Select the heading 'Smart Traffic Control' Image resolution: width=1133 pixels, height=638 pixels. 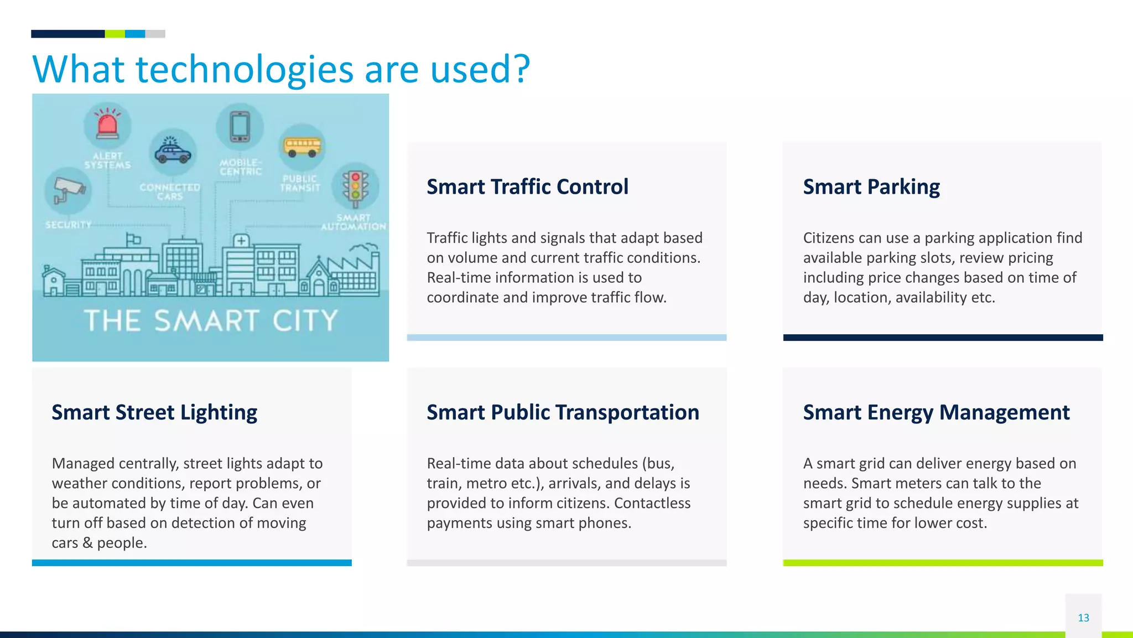(x=527, y=187)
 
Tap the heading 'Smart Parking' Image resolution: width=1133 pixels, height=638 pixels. (x=871, y=187)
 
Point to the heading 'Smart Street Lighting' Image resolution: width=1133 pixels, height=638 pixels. (x=154, y=413)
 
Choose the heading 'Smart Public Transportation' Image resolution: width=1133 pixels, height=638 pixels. (x=563, y=413)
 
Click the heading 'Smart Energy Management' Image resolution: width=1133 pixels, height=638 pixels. (x=936, y=413)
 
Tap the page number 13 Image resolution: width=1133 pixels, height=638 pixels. (x=1083, y=618)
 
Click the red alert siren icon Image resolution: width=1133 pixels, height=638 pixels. (x=107, y=125)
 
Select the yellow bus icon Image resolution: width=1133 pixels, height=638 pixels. (x=302, y=147)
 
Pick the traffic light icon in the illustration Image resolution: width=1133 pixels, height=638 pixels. (x=355, y=186)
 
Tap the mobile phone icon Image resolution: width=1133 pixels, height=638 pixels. (x=240, y=127)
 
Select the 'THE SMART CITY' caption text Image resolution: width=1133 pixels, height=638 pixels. (x=211, y=321)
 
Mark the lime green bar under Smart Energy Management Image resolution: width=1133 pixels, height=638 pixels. (x=943, y=563)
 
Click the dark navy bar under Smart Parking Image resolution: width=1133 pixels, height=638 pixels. (x=943, y=338)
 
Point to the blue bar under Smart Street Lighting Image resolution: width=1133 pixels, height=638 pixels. (x=191, y=563)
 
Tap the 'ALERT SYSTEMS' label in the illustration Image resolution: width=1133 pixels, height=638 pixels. (x=107, y=160)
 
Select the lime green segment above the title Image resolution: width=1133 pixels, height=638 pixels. (x=115, y=34)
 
